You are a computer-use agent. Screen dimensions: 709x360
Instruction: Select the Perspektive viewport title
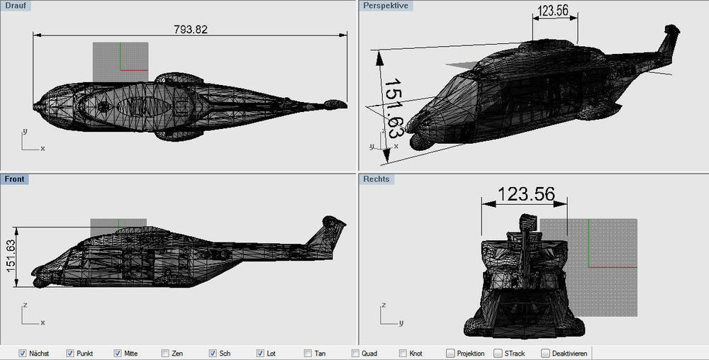point(386,6)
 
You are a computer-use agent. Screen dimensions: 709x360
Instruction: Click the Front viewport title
point(14,179)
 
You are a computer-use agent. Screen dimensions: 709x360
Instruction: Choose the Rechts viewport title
point(376,179)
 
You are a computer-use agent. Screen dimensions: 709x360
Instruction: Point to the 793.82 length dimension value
point(190,29)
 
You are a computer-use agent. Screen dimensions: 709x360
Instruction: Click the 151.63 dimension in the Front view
point(11,256)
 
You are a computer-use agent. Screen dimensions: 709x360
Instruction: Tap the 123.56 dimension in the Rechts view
point(526,194)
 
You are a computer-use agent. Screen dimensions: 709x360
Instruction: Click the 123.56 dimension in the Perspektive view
point(553,11)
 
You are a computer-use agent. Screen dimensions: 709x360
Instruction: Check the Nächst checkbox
point(22,353)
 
